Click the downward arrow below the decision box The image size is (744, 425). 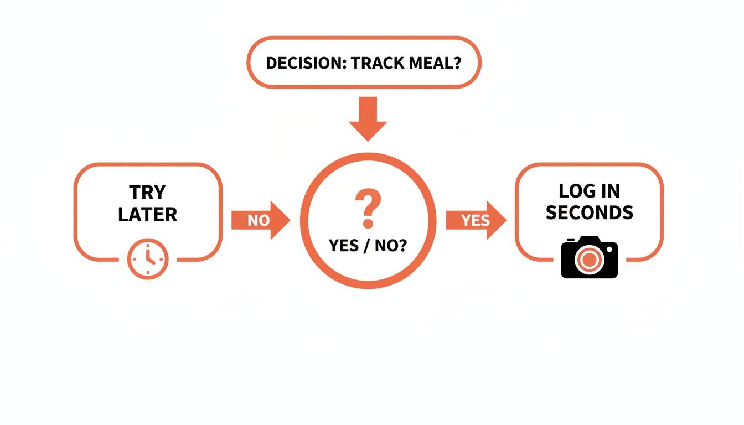(x=368, y=118)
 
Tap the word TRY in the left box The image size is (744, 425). (x=147, y=193)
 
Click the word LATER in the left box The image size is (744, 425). (x=147, y=214)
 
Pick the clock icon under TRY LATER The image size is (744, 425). (x=148, y=259)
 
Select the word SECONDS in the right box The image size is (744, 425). (x=589, y=212)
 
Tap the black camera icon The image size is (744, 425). (x=589, y=257)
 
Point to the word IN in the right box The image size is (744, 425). (x=611, y=191)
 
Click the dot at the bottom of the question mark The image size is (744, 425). (x=367, y=224)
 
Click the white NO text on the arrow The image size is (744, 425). (x=258, y=220)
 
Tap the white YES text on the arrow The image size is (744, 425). (x=475, y=220)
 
